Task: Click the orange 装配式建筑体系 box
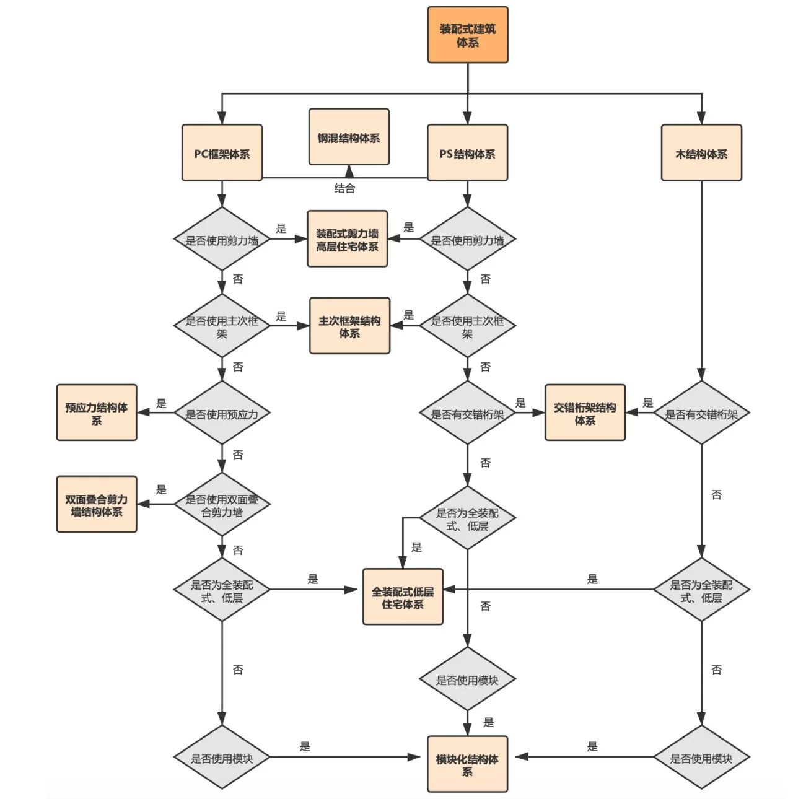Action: tap(467, 35)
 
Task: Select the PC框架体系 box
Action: tap(222, 152)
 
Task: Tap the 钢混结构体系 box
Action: tap(349, 138)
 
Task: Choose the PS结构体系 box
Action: tap(467, 152)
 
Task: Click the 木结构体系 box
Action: tap(701, 152)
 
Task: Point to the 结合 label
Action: tap(344, 189)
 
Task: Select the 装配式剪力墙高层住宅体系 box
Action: tap(348, 239)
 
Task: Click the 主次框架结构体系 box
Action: tap(349, 326)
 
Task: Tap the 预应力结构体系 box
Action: tap(97, 413)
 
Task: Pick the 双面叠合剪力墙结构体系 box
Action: tap(97, 504)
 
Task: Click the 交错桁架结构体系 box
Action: tap(585, 413)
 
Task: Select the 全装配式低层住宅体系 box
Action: tap(403, 596)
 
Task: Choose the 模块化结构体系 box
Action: tap(467, 764)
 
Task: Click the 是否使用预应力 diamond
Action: tap(222, 413)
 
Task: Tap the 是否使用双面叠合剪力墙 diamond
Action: tap(222, 504)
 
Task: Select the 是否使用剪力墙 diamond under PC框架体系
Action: tap(222, 239)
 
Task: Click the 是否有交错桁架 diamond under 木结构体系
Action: tap(701, 413)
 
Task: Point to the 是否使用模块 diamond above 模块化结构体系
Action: tap(467, 679)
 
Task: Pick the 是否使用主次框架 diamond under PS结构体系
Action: tap(467, 326)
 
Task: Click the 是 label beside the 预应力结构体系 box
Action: tap(161, 403)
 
